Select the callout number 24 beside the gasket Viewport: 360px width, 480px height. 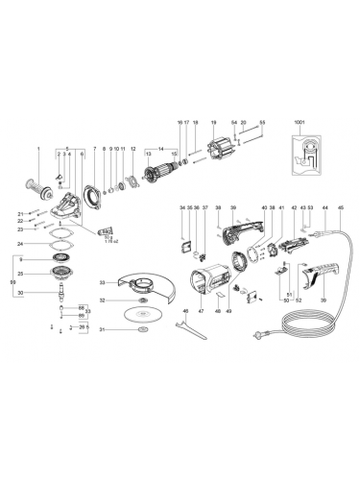click(19, 244)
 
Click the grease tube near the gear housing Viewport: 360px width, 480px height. click(106, 231)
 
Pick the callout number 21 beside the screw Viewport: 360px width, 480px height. click(19, 212)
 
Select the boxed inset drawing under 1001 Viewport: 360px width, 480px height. click(306, 155)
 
